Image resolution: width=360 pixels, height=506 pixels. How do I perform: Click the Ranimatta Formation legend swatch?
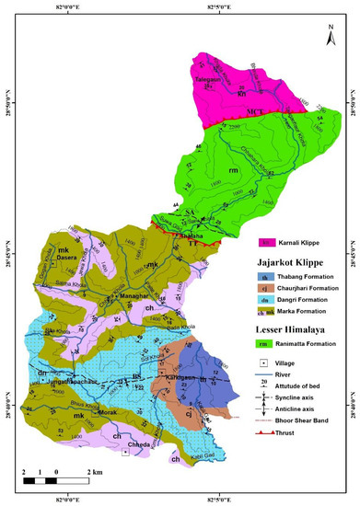click(x=265, y=345)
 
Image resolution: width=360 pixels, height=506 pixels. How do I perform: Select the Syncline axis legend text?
click(x=308, y=402)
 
